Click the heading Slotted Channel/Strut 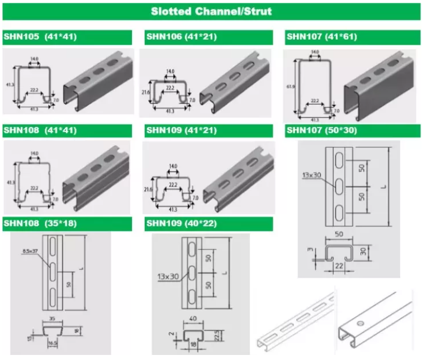(211, 11)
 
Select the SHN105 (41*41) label (40, 37)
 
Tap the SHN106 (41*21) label (182, 37)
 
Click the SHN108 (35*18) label (40, 224)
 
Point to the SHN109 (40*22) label (182, 224)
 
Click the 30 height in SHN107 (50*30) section (363, 252)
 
